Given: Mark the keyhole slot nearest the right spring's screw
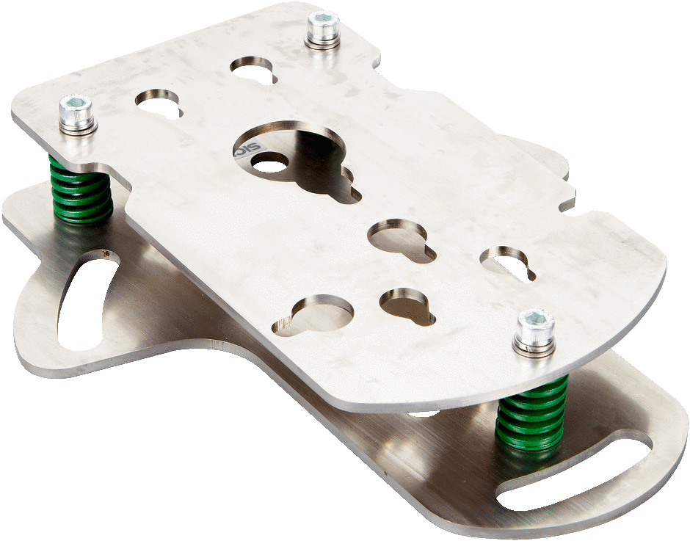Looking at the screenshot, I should pos(507,262).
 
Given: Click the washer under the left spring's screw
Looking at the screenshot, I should pos(77,127).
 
